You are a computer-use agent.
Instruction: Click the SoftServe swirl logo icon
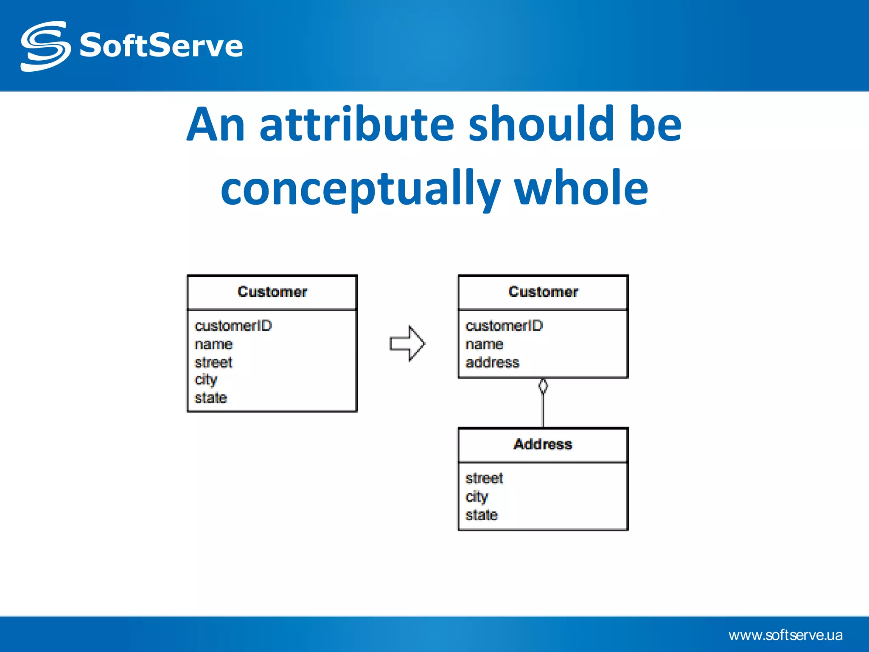pyautogui.click(x=45, y=46)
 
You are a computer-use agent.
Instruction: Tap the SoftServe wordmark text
pyautogui.click(x=161, y=45)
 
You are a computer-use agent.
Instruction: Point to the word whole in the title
pyautogui.click(x=581, y=187)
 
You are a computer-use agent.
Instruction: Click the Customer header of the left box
pyautogui.click(x=272, y=292)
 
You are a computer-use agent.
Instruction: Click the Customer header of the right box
pyautogui.click(x=543, y=292)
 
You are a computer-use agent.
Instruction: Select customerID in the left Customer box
pyautogui.click(x=233, y=326)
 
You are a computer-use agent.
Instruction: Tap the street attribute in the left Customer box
pyautogui.click(x=213, y=363)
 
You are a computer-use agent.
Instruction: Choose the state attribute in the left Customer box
pyautogui.click(x=210, y=398)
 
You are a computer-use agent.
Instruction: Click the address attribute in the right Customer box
pyautogui.click(x=492, y=363)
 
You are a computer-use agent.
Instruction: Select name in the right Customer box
pyautogui.click(x=484, y=344)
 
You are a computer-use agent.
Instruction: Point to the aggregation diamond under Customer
pyautogui.click(x=543, y=386)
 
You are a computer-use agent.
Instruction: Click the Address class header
pyautogui.click(x=543, y=444)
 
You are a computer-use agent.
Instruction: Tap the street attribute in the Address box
pyautogui.click(x=484, y=478)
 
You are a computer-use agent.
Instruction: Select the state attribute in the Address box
pyautogui.click(x=481, y=515)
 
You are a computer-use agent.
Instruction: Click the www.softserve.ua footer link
pyautogui.click(x=785, y=635)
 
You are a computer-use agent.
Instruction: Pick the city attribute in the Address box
pyautogui.click(x=477, y=497)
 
